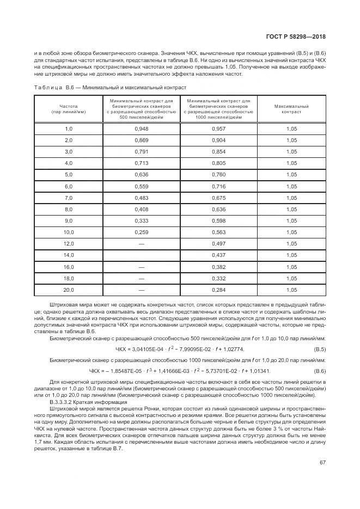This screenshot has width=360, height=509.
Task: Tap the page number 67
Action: pos(322,463)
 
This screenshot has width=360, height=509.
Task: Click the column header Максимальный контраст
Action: pos(291,109)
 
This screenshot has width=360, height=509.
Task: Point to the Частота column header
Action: pos(69,109)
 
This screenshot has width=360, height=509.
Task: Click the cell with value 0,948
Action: pos(141,128)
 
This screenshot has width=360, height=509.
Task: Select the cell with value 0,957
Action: pos(218,128)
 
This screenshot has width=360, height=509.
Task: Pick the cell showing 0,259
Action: pos(141,232)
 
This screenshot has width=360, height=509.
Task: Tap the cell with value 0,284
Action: pos(218,290)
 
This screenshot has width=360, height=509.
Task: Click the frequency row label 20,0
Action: pos(69,290)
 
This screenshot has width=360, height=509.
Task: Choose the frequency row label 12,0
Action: pos(69,244)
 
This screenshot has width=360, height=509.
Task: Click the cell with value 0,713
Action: pos(141,163)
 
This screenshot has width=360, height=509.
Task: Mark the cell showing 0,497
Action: pos(218,244)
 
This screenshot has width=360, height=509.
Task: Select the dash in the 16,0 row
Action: pos(141,267)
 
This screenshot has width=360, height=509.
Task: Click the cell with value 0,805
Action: pos(218,163)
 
